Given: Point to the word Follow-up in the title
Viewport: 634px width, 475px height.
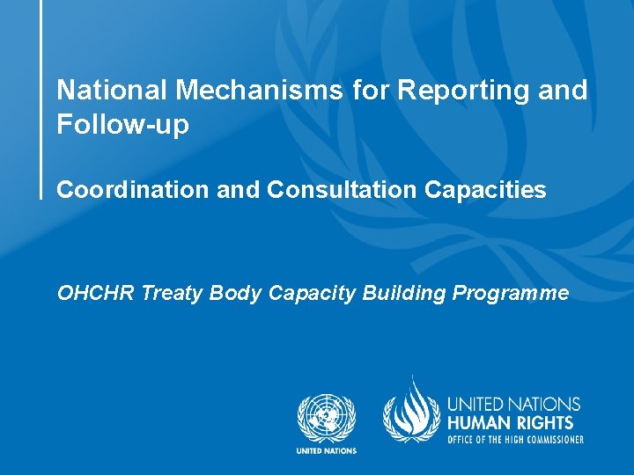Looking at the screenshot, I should (122, 125).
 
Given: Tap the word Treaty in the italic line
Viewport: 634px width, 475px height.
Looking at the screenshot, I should (172, 293).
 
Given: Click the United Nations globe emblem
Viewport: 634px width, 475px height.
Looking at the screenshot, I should (326, 418).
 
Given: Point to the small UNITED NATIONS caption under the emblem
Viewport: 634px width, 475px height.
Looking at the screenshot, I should (326, 451).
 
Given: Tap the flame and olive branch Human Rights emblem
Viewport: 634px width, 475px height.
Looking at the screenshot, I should (409, 410).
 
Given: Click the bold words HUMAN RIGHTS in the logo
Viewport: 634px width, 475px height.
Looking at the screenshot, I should (511, 423).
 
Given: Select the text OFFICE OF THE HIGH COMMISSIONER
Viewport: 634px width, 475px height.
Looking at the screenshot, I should (515, 439).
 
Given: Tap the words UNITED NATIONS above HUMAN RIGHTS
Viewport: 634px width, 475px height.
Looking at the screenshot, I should (514, 405).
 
